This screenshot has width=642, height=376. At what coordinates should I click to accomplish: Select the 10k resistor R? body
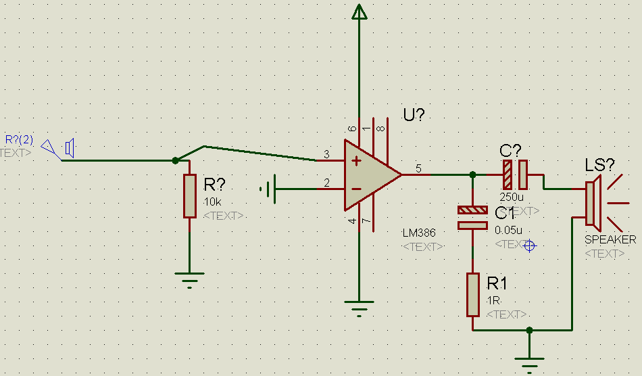click(x=190, y=196)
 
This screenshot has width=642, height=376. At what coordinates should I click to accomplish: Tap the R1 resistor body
click(x=473, y=295)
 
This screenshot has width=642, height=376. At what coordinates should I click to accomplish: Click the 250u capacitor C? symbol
click(x=514, y=174)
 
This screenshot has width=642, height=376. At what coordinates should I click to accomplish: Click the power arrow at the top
click(x=360, y=12)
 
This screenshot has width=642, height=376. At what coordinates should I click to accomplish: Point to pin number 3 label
click(x=326, y=155)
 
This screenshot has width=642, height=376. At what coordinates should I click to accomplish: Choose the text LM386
click(x=419, y=233)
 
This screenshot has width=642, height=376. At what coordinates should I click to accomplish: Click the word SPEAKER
click(x=610, y=240)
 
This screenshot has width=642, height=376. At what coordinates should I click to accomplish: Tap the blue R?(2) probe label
click(x=19, y=139)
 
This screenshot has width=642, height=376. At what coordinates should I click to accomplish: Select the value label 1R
click(x=492, y=300)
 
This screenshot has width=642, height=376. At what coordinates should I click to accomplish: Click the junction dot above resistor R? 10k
click(x=176, y=160)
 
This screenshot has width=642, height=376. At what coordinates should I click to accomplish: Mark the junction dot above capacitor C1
click(x=473, y=174)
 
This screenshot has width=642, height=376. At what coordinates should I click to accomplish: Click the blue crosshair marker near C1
click(x=529, y=246)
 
